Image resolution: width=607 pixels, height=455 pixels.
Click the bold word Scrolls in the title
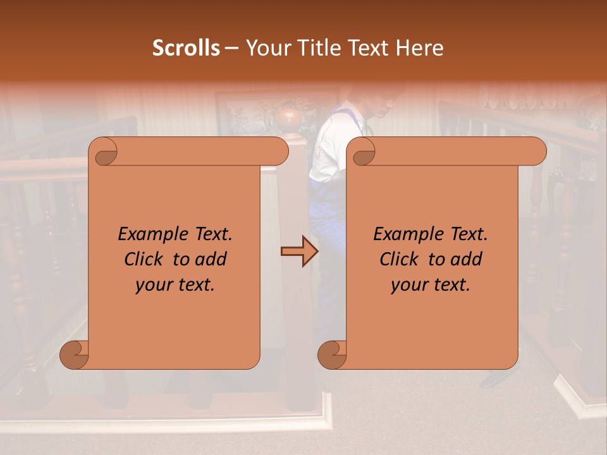point(187,48)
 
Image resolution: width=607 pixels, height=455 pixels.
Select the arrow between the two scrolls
point(299,252)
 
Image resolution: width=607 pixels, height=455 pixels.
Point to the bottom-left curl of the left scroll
point(75,355)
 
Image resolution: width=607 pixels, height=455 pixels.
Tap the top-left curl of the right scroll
point(362,152)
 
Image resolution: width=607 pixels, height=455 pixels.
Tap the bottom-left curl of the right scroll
point(332,355)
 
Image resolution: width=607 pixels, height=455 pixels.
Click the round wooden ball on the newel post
point(288,118)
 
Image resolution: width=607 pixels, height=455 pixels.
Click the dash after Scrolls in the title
point(231,48)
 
